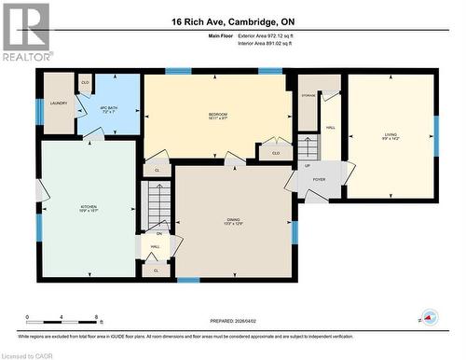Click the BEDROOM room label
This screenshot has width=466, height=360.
[217, 116]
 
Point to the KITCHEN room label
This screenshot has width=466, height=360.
[89, 208]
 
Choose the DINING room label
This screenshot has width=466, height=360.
[233, 221]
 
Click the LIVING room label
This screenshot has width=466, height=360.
[390, 136]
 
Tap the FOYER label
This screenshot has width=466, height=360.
[319, 179]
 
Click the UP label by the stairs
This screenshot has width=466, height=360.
[308, 166]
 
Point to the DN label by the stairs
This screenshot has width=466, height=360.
[158, 233]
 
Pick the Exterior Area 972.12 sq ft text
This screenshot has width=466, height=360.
[272, 35]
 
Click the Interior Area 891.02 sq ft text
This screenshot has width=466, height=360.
[272, 44]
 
